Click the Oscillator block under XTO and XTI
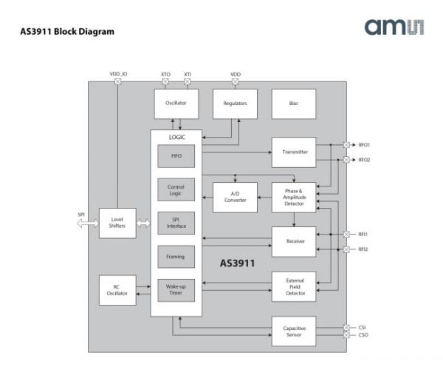click(x=176, y=104)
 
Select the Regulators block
click(x=235, y=104)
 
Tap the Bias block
click(x=294, y=104)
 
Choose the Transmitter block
click(x=294, y=152)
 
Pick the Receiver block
click(x=294, y=241)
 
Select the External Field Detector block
click(x=294, y=286)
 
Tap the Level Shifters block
click(x=117, y=223)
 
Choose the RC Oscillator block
click(x=117, y=289)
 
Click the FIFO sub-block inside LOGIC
click(x=176, y=156)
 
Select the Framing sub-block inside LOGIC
click(x=176, y=257)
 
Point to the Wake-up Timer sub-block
click(x=176, y=290)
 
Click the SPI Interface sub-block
click(x=176, y=223)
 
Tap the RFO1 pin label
click(x=365, y=145)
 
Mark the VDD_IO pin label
click(x=117, y=74)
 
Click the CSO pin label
click(x=363, y=335)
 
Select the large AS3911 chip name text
click(x=238, y=263)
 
